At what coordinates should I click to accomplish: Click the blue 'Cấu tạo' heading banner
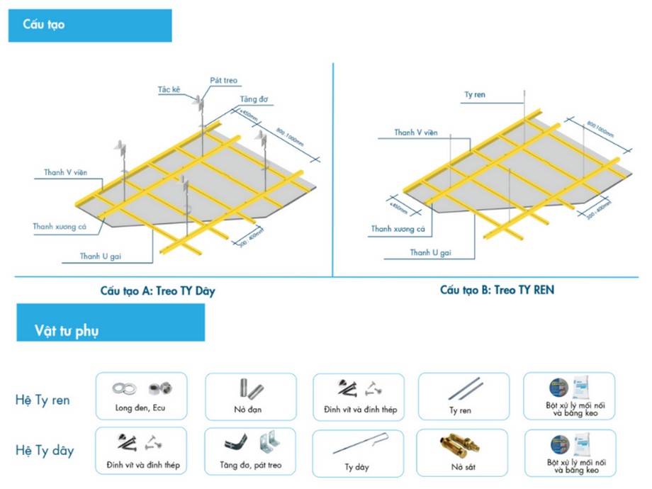point(90,26)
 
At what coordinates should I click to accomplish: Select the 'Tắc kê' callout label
point(169,90)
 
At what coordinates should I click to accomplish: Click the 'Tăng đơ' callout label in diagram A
point(253,99)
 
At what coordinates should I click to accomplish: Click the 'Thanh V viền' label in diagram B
point(415,133)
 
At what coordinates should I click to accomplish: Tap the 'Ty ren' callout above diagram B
point(474,94)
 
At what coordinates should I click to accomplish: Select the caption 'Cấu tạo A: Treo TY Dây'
point(157,291)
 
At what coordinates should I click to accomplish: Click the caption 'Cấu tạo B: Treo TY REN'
point(497,289)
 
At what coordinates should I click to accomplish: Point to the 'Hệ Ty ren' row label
point(43,400)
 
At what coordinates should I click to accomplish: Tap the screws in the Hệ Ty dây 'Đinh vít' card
point(127,442)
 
